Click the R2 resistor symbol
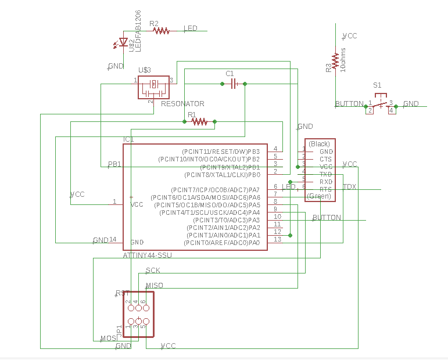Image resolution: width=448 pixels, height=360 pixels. click(161, 31)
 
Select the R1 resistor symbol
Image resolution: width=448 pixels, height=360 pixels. click(199, 121)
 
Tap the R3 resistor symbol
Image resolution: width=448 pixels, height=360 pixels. click(335, 60)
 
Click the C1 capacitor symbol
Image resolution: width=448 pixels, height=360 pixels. click(233, 84)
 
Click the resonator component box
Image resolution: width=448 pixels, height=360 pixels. click(153, 87)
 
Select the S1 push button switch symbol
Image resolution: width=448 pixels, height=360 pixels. click(380, 105)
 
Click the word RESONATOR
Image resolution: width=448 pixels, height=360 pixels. click(182, 104)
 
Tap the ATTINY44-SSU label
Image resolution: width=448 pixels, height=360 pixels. click(147, 255)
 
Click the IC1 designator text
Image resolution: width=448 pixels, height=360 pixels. click(128, 139)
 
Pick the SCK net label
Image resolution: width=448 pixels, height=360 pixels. click(153, 271)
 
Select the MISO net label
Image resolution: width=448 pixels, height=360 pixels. click(154, 285)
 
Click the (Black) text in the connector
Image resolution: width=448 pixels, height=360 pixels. click(319, 143)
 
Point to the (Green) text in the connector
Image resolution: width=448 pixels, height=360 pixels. click(318, 196)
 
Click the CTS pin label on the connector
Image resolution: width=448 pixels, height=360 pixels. click(325, 159)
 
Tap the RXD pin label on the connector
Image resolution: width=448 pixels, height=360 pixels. click(325, 181)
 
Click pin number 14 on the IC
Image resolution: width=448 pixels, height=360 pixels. click(113, 239)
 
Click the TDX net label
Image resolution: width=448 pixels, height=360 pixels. click(349, 186)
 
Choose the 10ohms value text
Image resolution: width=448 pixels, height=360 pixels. click(343, 60)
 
